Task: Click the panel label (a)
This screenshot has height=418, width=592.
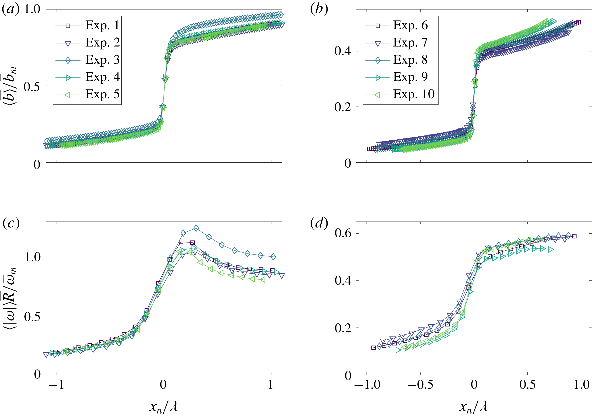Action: click(11, 10)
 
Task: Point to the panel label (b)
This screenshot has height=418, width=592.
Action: click(319, 10)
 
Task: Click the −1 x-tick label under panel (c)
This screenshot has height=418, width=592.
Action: click(56, 385)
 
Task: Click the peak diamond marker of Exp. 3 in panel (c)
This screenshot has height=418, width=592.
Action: click(196, 228)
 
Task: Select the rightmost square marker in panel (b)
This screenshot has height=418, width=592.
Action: click(578, 22)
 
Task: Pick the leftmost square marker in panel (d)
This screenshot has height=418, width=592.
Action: click(373, 348)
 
